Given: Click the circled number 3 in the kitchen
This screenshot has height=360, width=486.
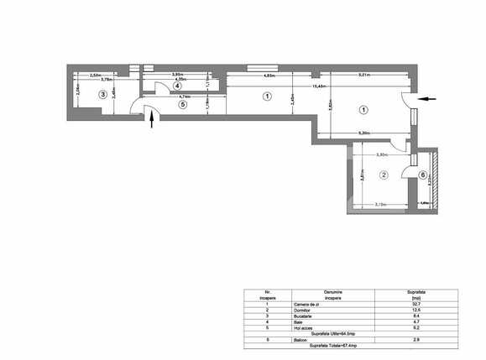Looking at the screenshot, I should pyautogui.click(x=103, y=95).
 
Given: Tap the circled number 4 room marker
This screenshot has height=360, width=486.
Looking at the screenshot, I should pyautogui.click(x=178, y=86).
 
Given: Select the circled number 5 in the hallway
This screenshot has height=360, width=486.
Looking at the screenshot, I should pyautogui.click(x=184, y=106).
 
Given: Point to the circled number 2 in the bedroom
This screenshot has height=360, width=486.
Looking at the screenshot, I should pyautogui.click(x=383, y=175).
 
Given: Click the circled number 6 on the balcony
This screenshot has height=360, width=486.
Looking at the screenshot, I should pyautogui.click(x=421, y=175).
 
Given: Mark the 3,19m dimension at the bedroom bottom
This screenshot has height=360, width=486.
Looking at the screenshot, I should pyautogui.click(x=379, y=204).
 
